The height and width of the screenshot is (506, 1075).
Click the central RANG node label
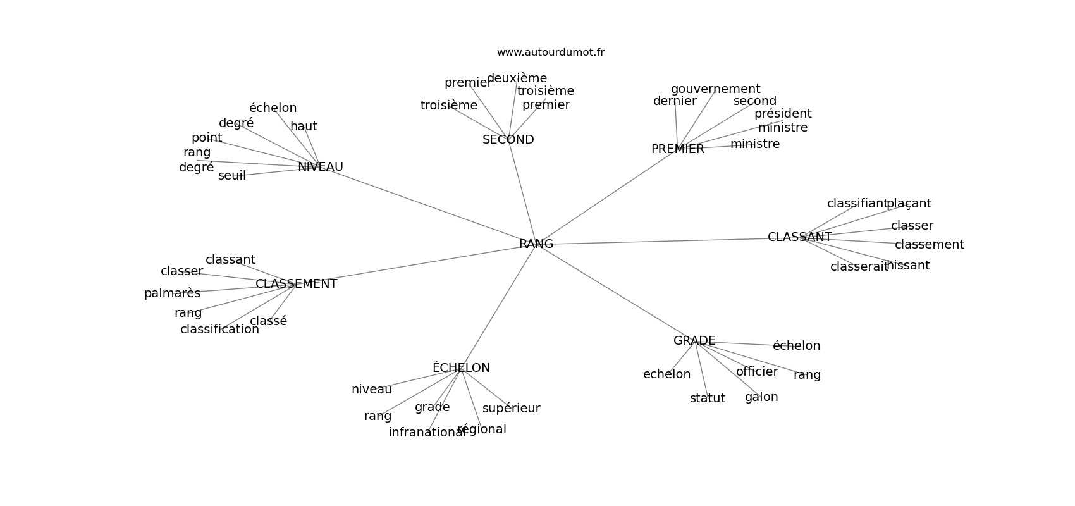coord(536,244)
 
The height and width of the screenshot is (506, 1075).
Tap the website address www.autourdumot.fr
coord(550,52)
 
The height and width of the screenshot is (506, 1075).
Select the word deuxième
coord(517,78)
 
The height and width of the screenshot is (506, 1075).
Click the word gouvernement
coord(715,89)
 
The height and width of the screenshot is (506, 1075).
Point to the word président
coord(782,114)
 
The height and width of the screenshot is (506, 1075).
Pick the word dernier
coord(675,101)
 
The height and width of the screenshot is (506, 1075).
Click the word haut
coord(304,126)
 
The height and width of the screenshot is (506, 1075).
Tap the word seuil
coord(231,176)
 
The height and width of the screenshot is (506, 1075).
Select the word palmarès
coord(172,293)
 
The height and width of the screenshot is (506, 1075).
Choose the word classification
coord(219,330)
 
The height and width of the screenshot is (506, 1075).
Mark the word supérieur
coord(511,409)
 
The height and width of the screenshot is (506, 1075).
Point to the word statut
coord(707,398)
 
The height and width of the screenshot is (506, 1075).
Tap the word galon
coord(761,397)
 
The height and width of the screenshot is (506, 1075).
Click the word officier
coord(756,372)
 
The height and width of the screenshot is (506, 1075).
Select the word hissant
coord(908,266)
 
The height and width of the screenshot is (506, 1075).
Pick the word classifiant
coord(857,204)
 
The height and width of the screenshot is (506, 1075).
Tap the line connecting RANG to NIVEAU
coord(430,206)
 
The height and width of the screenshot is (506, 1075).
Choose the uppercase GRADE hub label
coord(694,341)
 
